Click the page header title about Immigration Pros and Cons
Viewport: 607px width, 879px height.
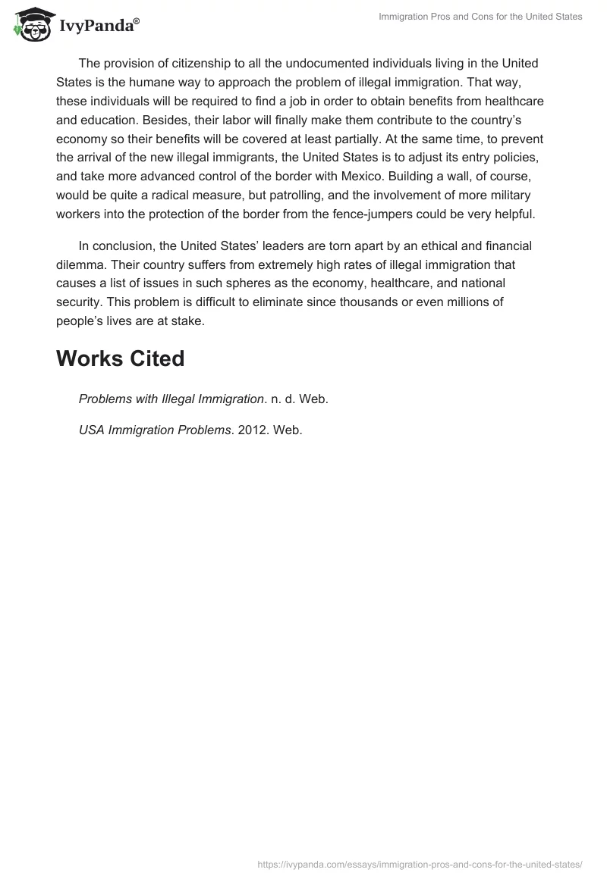[480, 17]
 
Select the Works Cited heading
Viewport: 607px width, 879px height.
[120, 358]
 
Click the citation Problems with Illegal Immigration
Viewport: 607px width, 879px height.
[171, 399]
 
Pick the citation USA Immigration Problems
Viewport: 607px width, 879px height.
[155, 430]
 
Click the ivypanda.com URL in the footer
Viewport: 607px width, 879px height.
[420, 863]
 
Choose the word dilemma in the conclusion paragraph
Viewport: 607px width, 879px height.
[80, 264]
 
